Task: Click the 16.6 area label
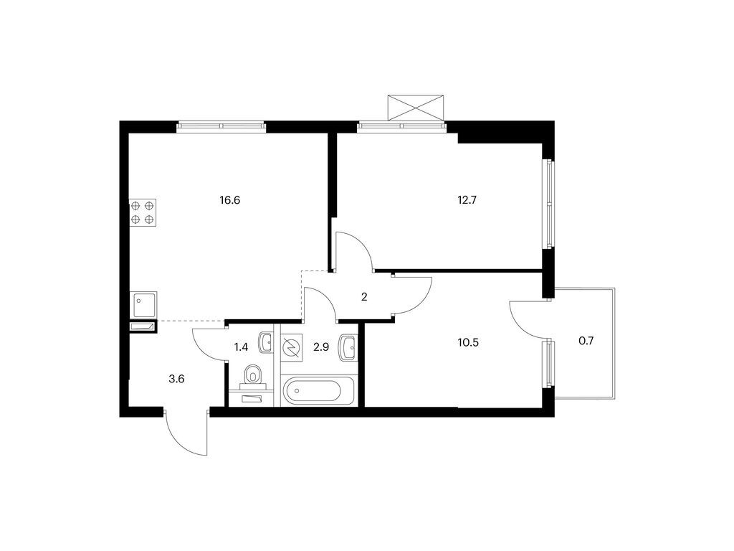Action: [230, 201]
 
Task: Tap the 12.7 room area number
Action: [467, 201]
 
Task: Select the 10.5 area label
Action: [469, 342]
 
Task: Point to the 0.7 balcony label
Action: [586, 341]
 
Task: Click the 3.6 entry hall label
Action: [176, 379]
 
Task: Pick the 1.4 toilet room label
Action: [241, 347]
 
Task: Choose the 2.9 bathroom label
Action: [320, 347]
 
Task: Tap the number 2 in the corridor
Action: [364, 296]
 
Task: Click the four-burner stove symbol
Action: [143, 212]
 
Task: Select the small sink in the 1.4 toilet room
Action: [267, 342]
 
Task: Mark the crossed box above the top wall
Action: [416, 108]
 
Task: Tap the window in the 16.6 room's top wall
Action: [221, 126]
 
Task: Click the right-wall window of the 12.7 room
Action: [548, 204]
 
